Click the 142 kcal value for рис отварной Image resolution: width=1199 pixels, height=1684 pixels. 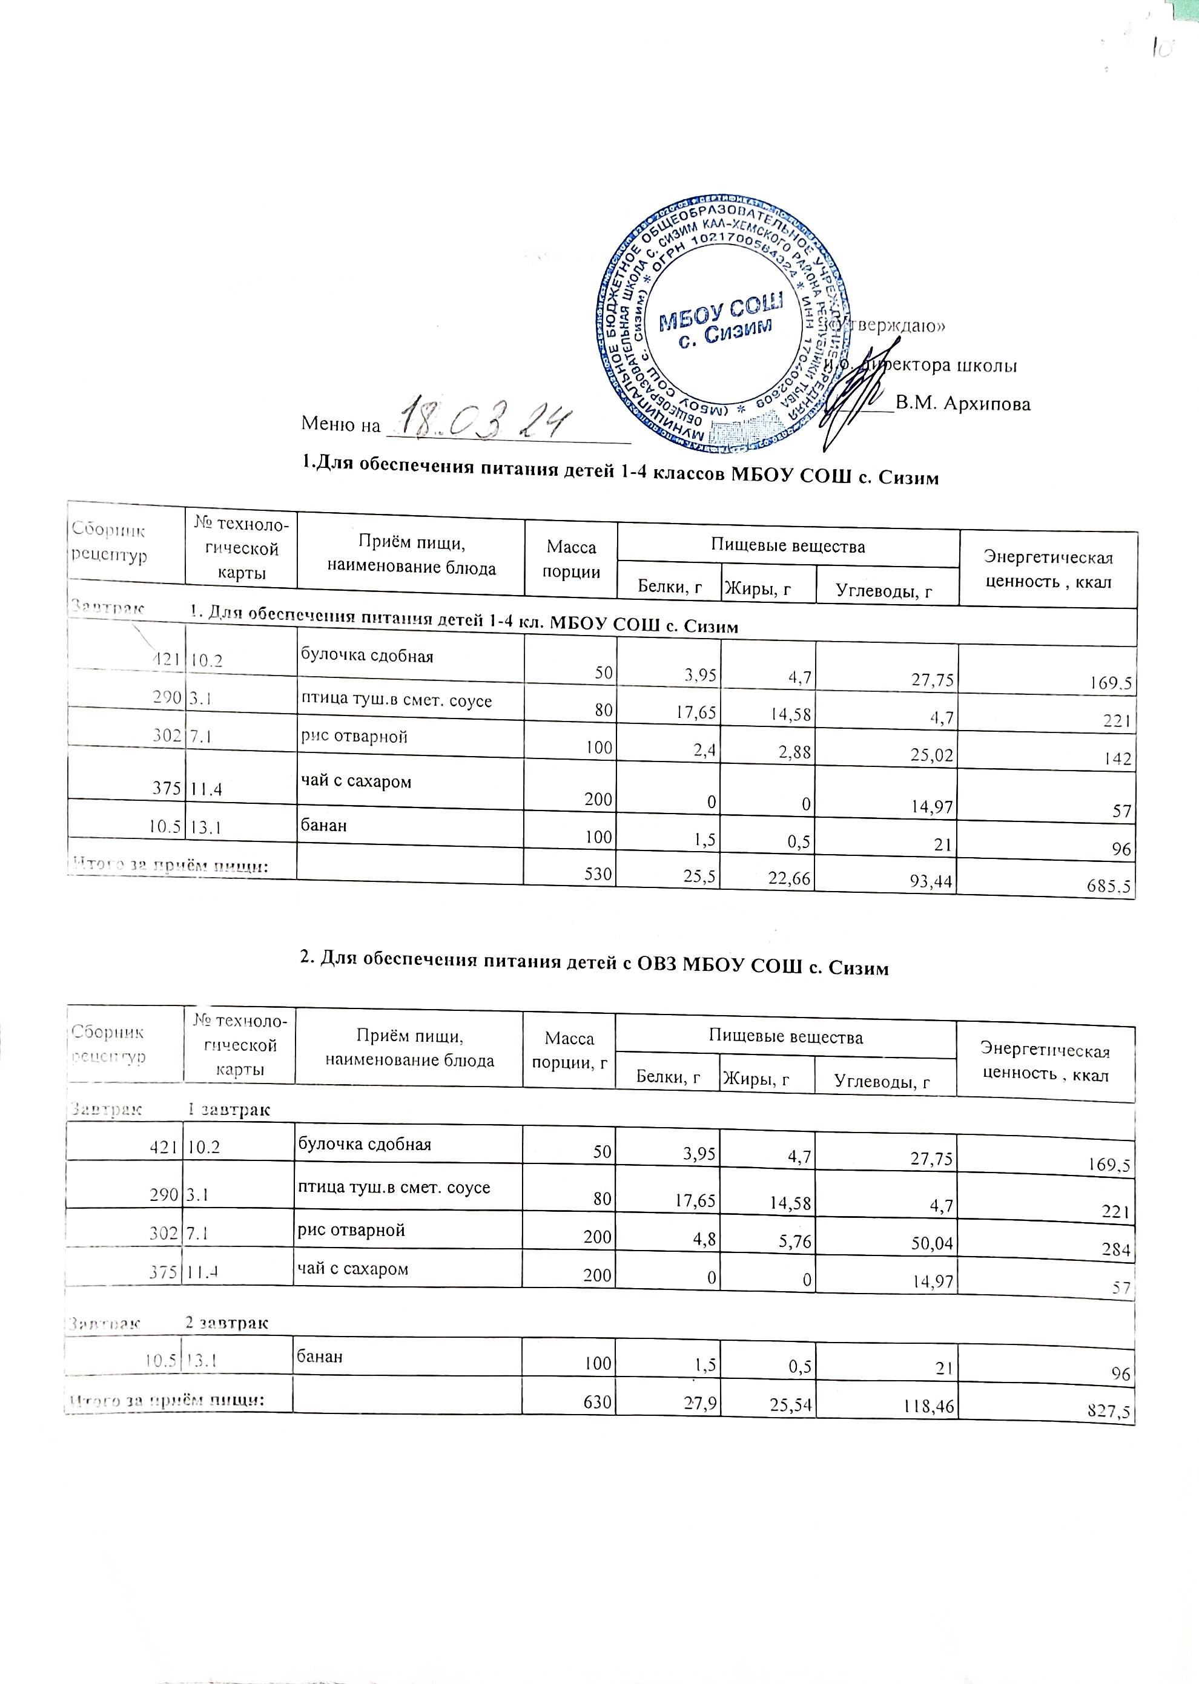(1118, 760)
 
